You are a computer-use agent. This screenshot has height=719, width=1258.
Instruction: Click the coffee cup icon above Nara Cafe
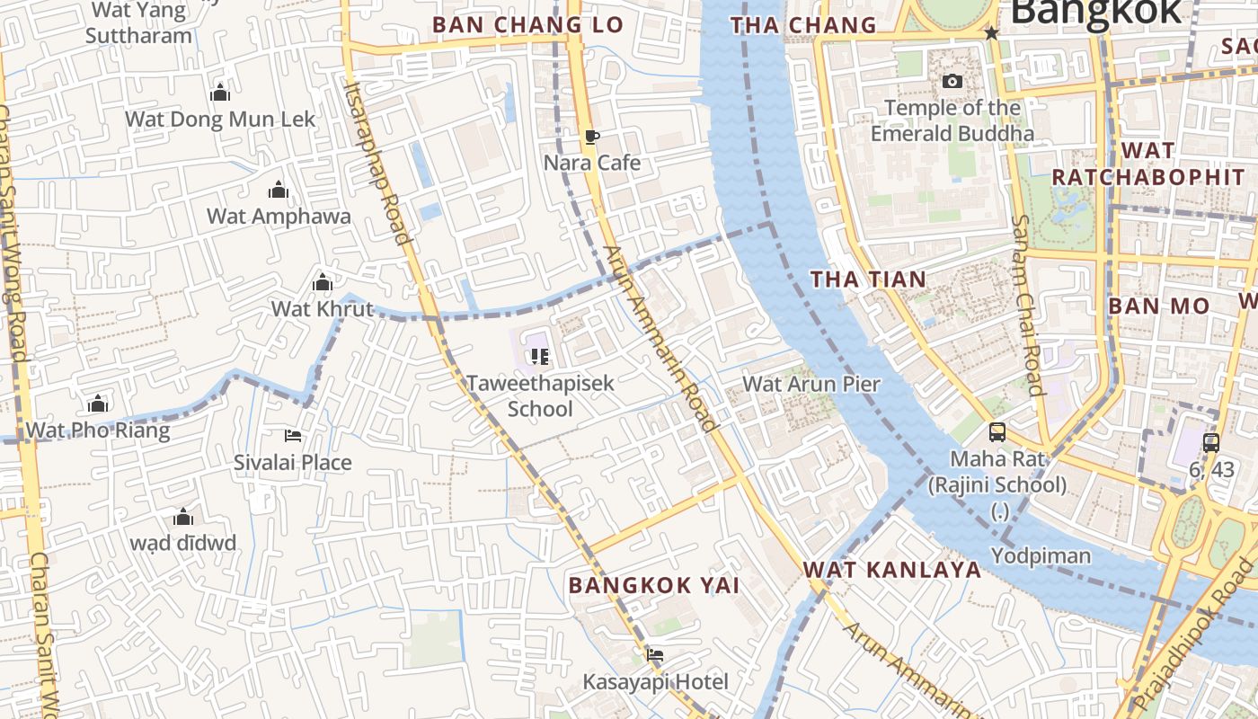[x=591, y=137]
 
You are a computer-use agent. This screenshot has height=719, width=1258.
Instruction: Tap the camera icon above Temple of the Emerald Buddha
[x=952, y=82]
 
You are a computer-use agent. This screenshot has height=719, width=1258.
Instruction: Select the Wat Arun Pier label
[x=811, y=384]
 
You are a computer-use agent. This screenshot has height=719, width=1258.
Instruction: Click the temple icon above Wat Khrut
[x=323, y=283]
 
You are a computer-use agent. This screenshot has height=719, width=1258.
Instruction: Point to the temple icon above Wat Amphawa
[x=279, y=190]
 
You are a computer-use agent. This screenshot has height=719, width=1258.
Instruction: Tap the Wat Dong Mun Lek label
[x=220, y=119]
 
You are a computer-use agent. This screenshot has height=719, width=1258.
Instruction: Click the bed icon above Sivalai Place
[x=293, y=436]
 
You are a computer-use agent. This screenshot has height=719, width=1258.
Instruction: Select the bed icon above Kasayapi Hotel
[x=655, y=655]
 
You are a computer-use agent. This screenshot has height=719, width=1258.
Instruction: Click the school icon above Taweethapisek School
[x=539, y=357]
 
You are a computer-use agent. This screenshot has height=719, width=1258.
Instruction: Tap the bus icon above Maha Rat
[x=997, y=432]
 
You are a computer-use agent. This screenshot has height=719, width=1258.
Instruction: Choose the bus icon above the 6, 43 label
[x=1211, y=442]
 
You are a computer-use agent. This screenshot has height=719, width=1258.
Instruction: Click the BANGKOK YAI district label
[x=653, y=585]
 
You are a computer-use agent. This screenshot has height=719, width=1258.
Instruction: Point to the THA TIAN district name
[x=868, y=280]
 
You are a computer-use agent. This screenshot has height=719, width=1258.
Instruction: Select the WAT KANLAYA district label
[x=891, y=569]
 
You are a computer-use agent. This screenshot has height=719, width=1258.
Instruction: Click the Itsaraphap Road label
[x=377, y=162]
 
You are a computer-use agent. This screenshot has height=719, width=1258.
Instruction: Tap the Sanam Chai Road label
[x=1026, y=306]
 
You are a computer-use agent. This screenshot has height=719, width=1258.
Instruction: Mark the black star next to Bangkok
[x=992, y=33]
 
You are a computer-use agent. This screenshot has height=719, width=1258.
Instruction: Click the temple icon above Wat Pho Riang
[x=98, y=404]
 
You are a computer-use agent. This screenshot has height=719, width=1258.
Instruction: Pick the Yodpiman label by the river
[x=1041, y=555]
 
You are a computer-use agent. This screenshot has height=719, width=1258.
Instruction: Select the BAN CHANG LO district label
[x=527, y=24]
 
